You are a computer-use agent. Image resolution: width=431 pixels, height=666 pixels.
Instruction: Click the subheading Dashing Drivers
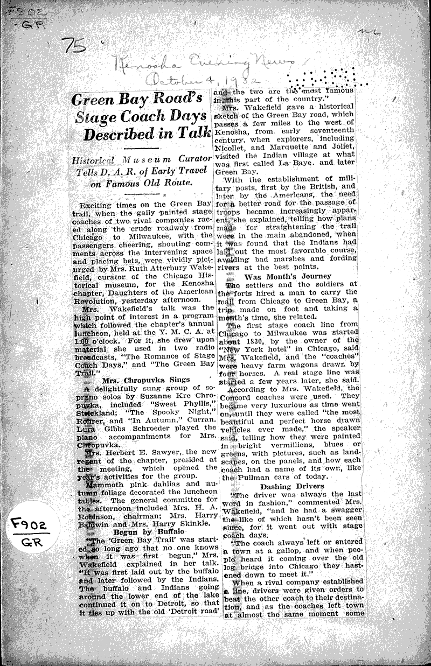(x=291, y=486)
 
